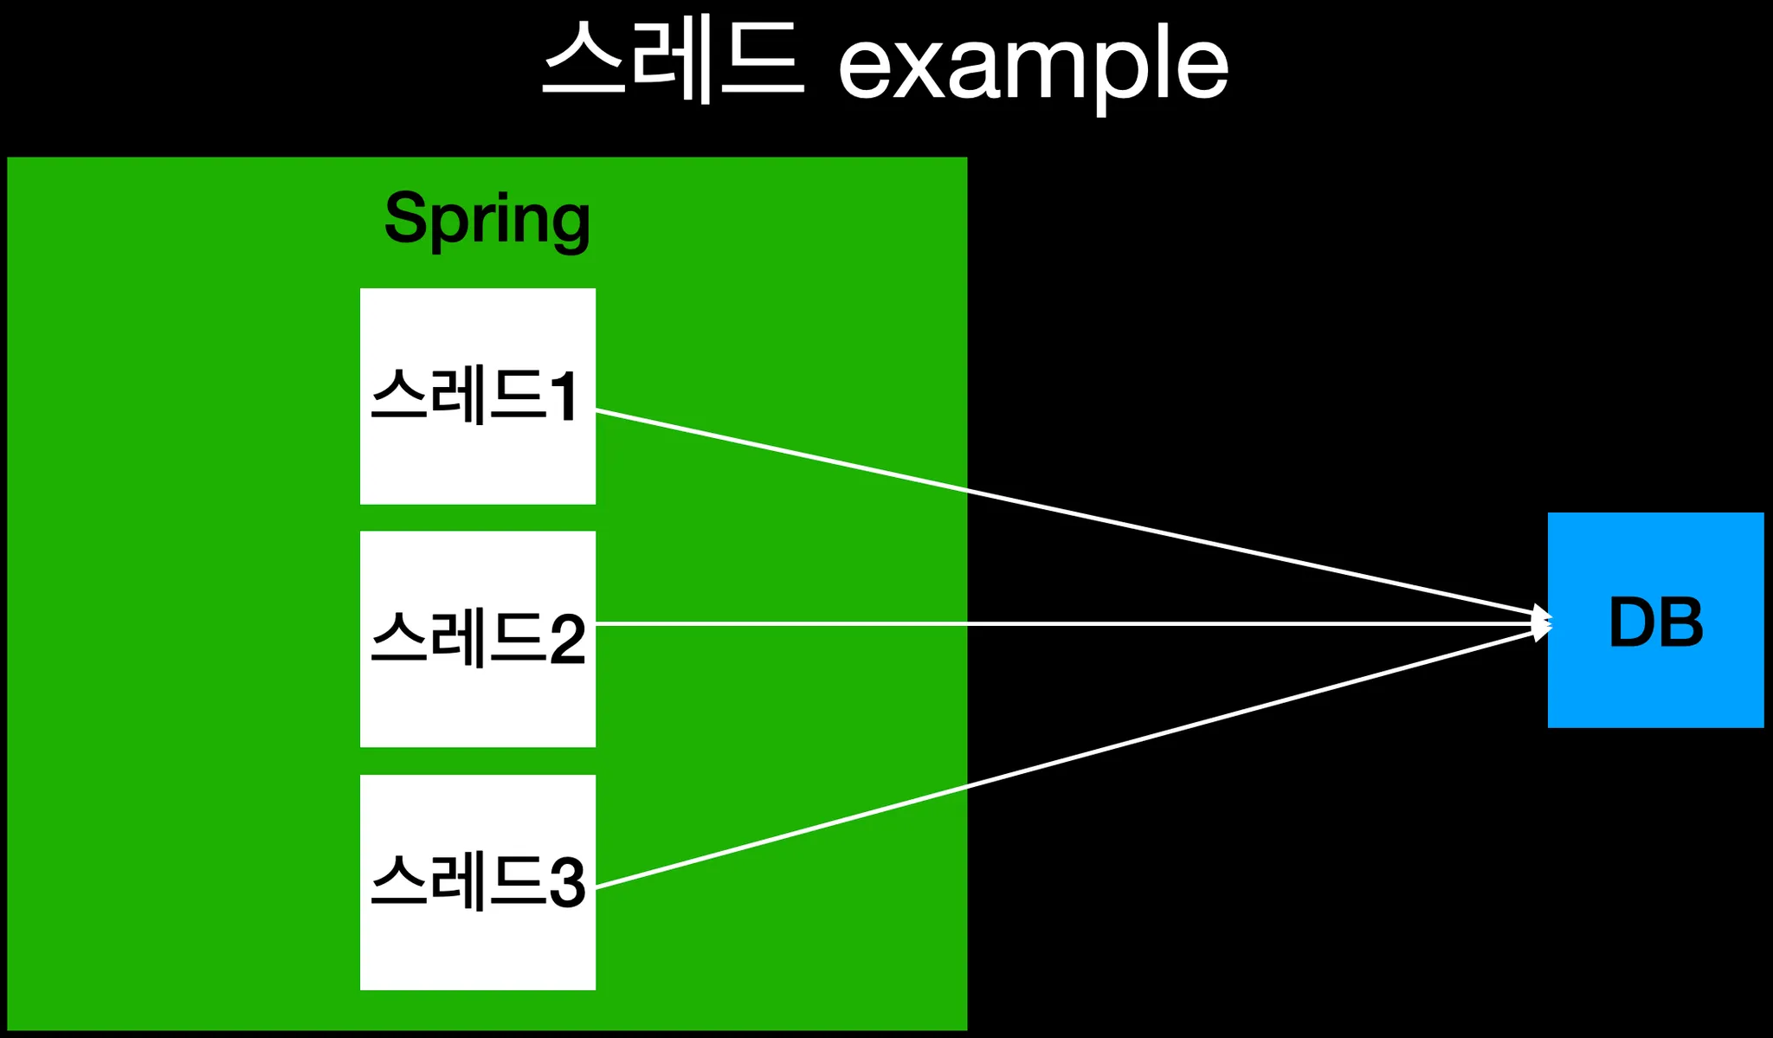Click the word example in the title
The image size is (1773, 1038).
click(1033, 66)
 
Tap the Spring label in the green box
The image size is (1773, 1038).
click(487, 219)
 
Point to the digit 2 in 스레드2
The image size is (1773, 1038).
click(568, 640)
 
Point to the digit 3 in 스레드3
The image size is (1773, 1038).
click(568, 883)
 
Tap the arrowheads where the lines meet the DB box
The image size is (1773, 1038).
click(1541, 622)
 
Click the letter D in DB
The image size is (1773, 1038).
click(1632, 622)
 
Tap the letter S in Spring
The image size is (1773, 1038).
click(405, 217)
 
